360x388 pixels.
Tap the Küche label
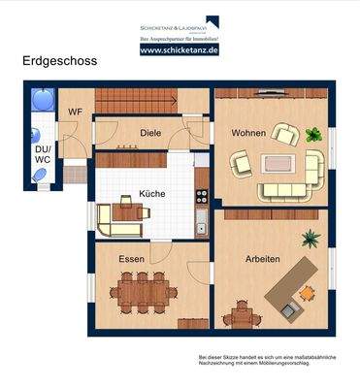coord(151,193)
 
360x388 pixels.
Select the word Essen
coord(132,259)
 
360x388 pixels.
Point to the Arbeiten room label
coord(262,259)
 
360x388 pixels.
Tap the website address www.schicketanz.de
coord(179,48)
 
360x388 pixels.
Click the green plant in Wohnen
coord(312,133)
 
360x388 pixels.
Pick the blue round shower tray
coord(42,99)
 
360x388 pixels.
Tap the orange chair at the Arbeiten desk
coord(307,291)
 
